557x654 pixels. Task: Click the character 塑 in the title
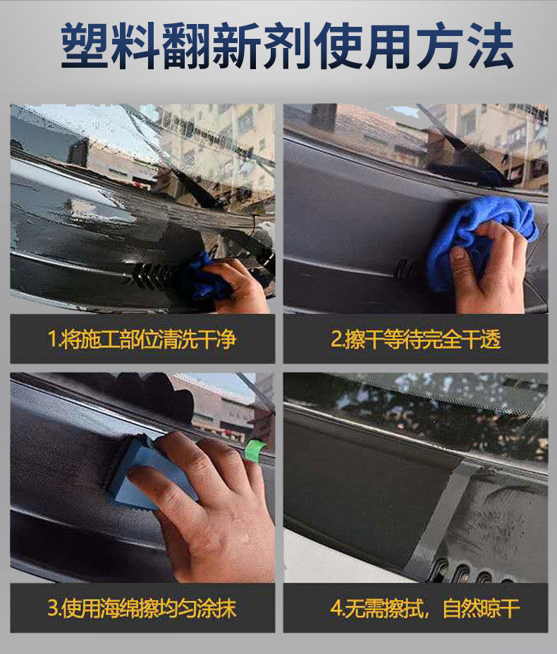[x=86, y=45]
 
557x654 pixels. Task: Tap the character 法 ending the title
[x=489, y=45]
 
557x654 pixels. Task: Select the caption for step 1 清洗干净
[x=142, y=339]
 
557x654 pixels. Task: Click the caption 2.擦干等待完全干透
[x=416, y=339]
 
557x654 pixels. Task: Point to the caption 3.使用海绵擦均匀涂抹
[x=142, y=608]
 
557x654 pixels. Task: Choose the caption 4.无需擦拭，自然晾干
[x=425, y=608]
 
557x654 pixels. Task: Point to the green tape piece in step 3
[x=255, y=450]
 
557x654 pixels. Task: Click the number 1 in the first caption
[x=51, y=339]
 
